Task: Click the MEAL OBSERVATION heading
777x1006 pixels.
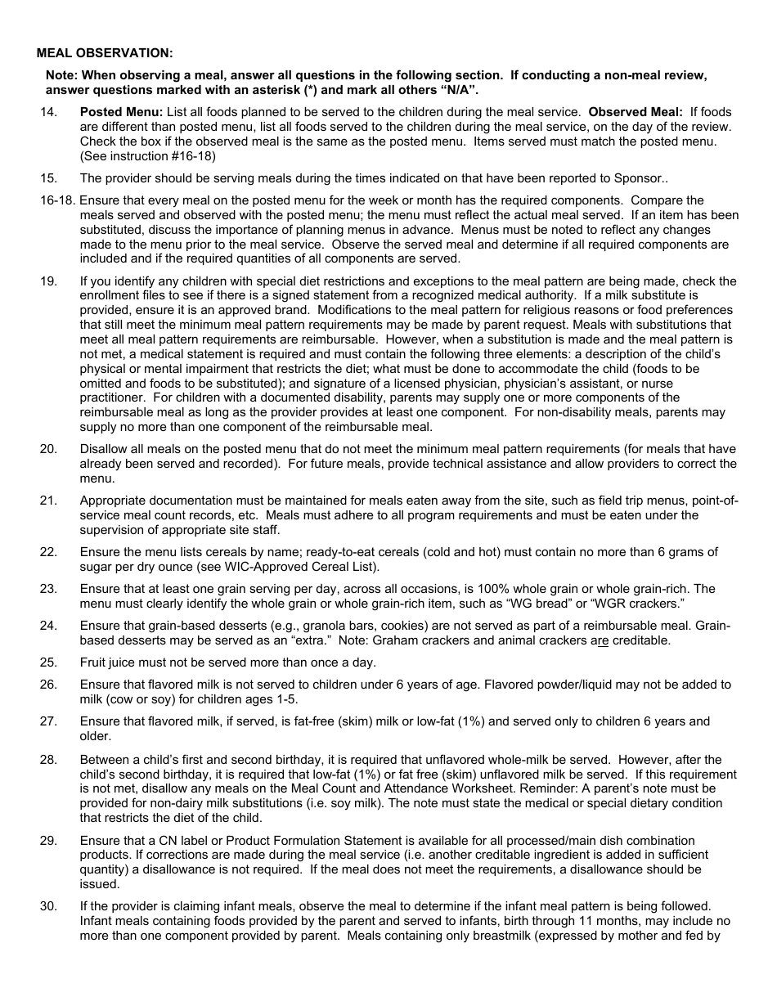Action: (105, 53)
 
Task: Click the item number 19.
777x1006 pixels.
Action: (48, 281)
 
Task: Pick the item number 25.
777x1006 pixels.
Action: (48, 662)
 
